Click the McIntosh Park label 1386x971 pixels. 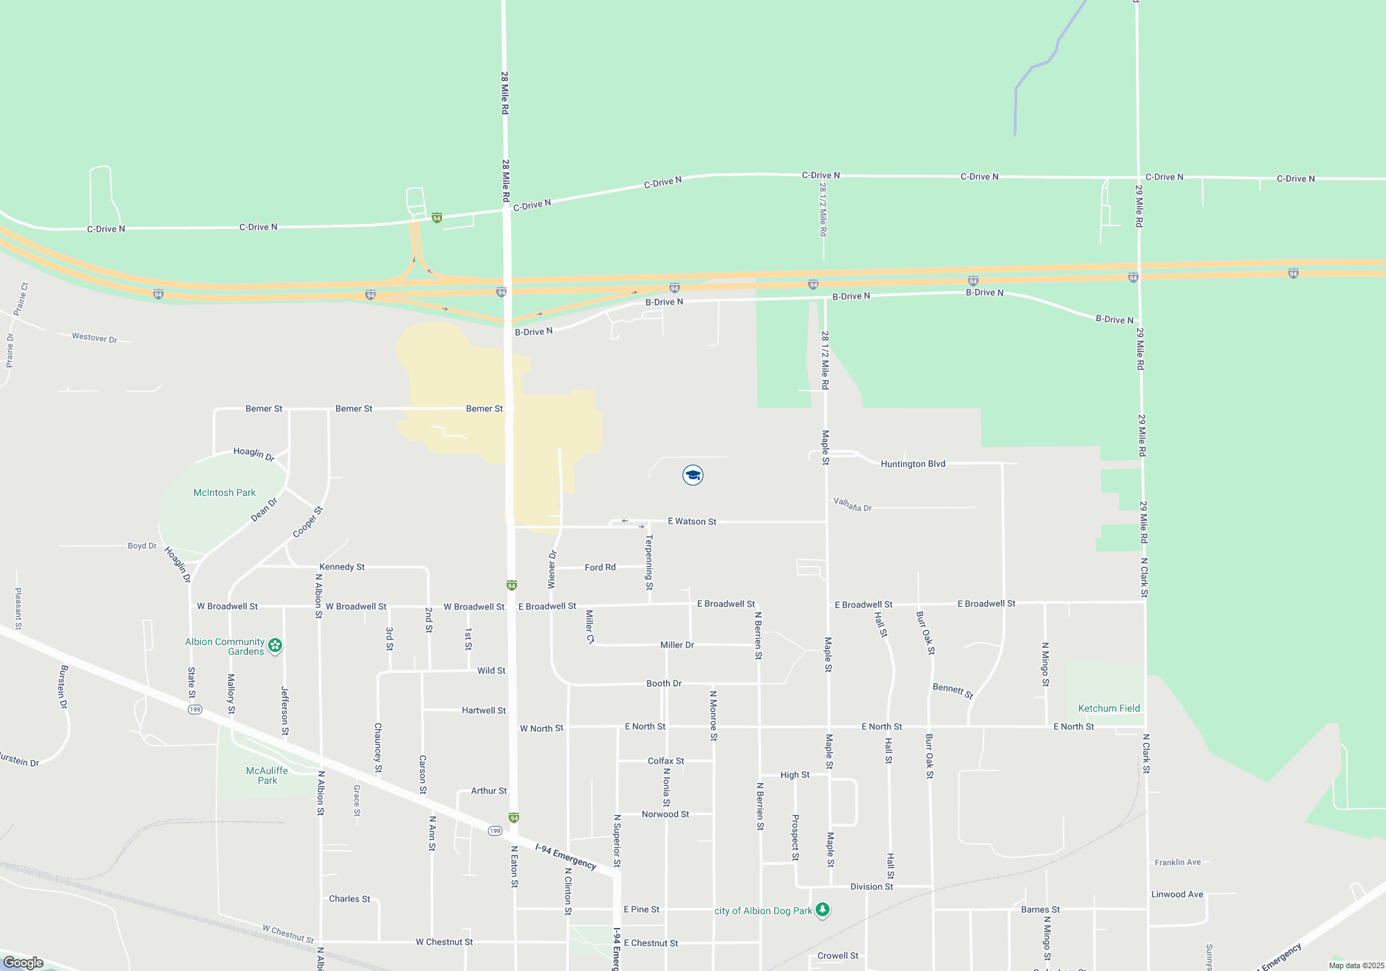click(x=224, y=492)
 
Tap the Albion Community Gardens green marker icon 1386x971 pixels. click(x=275, y=646)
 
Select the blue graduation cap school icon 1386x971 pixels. click(x=692, y=475)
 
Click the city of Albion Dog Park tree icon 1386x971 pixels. click(x=823, y=909)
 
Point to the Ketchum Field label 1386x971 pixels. click(x=1109, y=708)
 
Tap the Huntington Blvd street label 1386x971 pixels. click(x=913, y=464)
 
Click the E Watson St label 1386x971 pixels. click(x=692, y=522)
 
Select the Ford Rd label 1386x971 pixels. click(x=600, y=567)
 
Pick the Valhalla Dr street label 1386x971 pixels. click(x=852, y=504)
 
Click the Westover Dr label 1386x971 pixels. click(x=94, y=338)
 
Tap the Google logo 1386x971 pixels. click(x=23, y=963)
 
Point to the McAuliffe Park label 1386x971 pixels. click(x=267, y=775)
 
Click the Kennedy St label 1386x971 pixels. click(x=342, y=567)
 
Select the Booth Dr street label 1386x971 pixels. click(x=664, y=683)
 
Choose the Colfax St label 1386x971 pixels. click(x=666, y=761)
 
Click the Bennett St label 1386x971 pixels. click(x=953, y=690)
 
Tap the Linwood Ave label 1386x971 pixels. click(x=1177, y=894)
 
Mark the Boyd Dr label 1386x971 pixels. click(x=142, y=546)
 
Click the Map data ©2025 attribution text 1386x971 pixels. click(x=1356, y=965)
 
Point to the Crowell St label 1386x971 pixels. click(x=838, y=956)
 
